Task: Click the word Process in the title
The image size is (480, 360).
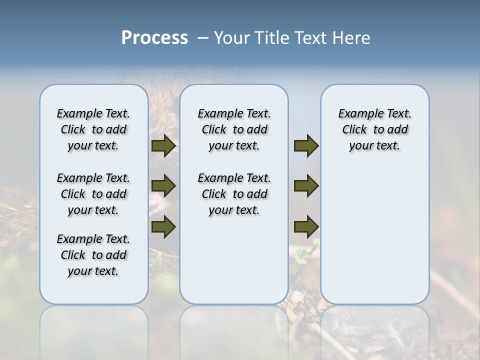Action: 154,38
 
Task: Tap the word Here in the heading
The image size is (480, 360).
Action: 351,38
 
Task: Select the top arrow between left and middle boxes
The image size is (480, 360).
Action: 163,146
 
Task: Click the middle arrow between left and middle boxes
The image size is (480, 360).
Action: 163,186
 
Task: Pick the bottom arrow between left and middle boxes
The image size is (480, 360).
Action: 163,226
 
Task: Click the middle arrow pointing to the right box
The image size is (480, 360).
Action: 306,186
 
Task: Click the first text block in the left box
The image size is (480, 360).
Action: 93,129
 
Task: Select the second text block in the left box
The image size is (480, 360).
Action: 93,194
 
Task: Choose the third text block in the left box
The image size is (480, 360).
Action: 93,255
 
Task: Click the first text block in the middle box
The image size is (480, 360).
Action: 234,129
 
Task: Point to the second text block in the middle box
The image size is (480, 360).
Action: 234,194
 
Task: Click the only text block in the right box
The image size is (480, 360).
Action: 374,129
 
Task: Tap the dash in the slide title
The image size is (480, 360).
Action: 203,38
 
